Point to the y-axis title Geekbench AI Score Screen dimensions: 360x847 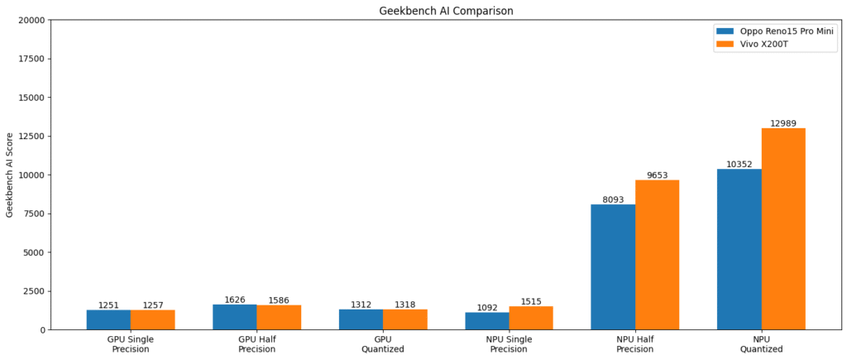point(10,175)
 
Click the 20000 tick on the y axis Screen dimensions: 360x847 point(32,20)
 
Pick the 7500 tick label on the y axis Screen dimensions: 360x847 point(35,214)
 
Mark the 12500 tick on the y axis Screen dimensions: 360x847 point(32,136)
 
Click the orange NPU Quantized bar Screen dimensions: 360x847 point(783,229)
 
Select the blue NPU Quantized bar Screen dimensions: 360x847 point(739,249)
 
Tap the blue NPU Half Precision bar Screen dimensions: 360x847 point(613,266)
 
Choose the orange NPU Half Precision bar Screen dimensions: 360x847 point(657,255)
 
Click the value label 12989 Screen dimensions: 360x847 point(783,123)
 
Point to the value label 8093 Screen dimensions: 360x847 point(613,199)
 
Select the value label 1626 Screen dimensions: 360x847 point(235,300)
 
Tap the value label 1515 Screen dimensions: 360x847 point(531,301)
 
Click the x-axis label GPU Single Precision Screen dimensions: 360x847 point(131,343)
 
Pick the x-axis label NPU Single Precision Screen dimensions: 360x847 point(509,343)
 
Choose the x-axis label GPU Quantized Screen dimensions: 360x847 point(383,343)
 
